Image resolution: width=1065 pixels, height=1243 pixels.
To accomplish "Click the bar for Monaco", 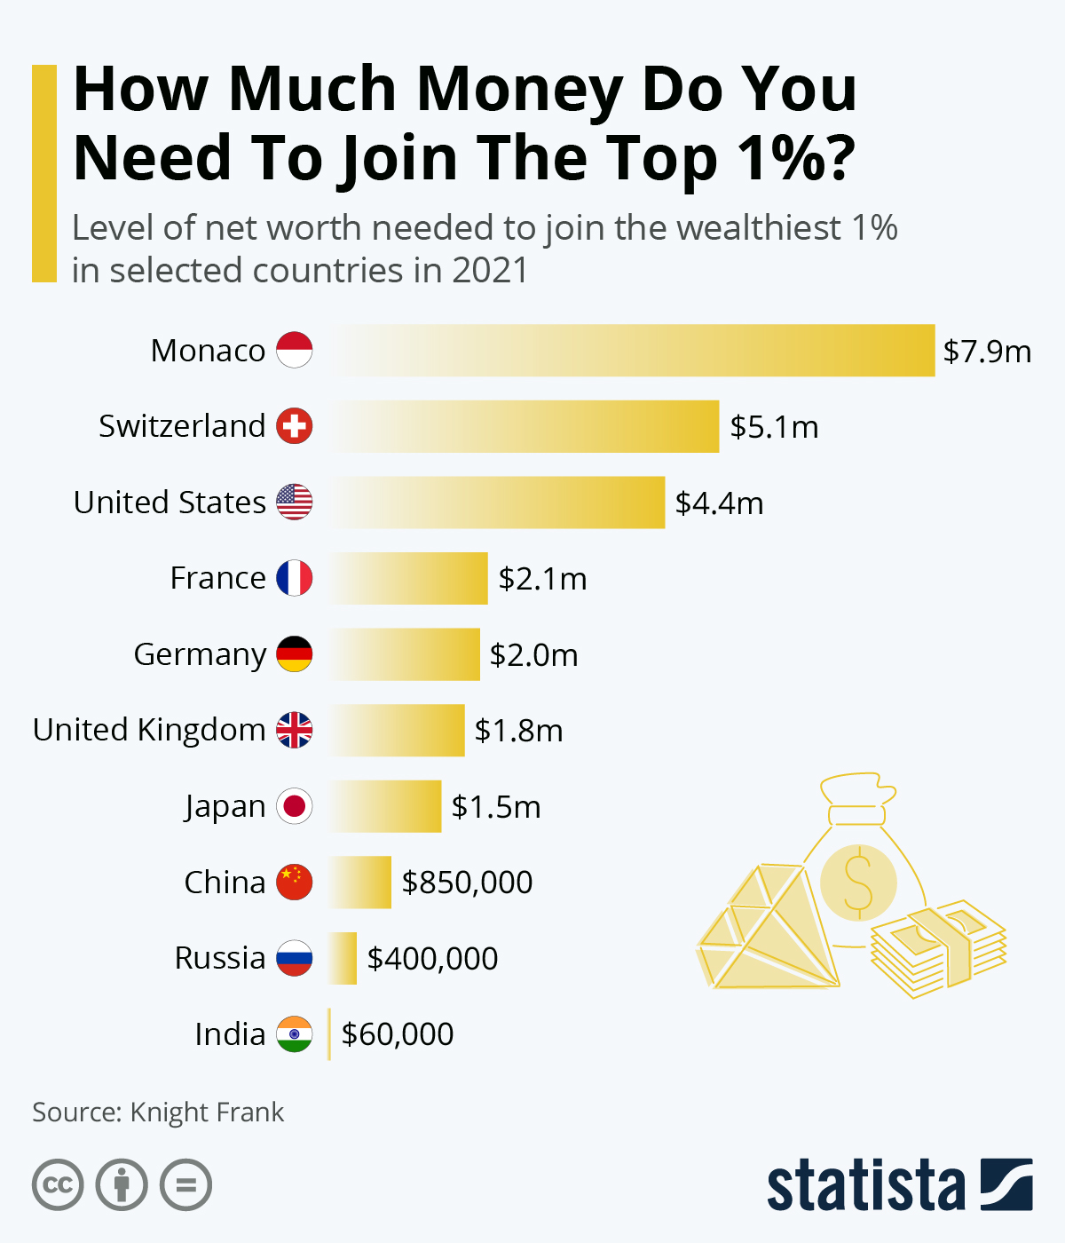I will click(635, 351).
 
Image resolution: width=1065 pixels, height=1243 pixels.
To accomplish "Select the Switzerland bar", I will click(525, 426).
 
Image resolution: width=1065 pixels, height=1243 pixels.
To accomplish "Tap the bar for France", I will click(409, 578).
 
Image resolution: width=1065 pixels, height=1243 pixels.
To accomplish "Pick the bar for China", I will click(360, 883).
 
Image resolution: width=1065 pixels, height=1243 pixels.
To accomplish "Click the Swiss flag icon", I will click(294, 426).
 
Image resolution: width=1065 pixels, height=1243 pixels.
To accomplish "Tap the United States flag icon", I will click(294, 503).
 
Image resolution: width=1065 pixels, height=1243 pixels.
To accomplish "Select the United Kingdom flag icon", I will click(294, 730).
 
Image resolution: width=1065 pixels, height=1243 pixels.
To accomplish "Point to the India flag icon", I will click(294, 1034).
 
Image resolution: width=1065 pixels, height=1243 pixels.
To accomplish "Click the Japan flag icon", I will click(294, 806).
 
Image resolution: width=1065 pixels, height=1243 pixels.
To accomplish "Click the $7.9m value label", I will click(987, 352).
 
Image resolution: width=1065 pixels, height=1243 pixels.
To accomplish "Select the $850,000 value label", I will click(467, 883).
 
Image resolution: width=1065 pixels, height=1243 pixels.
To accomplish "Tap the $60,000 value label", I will click(398, 1034).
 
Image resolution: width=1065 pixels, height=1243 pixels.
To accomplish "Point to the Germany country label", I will click(200, 654).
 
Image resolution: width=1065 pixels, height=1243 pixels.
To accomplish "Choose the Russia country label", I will click(220, 959).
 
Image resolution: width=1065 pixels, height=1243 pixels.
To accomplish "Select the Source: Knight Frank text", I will click(158, 1112).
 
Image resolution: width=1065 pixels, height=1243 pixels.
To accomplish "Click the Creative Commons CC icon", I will click(58, 1185).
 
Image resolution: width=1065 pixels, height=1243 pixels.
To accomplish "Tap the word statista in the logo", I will click(865, 1185).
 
